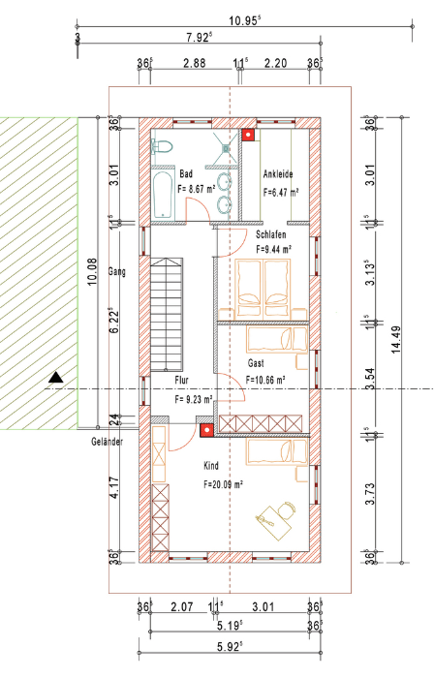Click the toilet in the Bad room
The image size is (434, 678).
coord(162,146)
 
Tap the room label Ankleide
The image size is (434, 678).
coord(278,173)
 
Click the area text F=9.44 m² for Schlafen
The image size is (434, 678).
coord(273,249)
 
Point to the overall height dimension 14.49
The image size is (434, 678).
coord(396,340)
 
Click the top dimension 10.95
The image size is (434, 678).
coord(245,20)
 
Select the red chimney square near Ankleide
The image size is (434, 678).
coord(248,136)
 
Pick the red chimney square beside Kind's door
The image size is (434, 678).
coord(207,430)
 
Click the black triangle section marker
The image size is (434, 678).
coord(56,378)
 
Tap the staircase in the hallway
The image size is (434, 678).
coord(167,315)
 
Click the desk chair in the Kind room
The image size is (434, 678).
coord(287,508)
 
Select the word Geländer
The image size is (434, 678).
coord(108,442)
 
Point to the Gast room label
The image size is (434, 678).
coord(256,363)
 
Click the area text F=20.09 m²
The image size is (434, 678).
coord(223,484)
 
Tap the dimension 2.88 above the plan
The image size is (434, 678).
coord(195,63)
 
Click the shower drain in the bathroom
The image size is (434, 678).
coord(226,148)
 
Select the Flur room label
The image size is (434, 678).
coord(181,381)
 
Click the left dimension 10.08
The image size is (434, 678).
coord(92,271)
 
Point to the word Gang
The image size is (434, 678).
coord(117,272)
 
